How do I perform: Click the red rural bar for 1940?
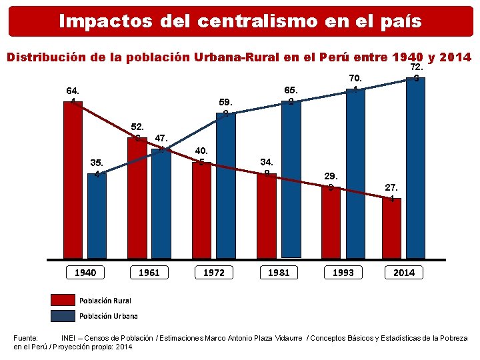point(73,180)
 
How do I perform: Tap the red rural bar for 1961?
point(137,197)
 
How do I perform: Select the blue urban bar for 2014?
point(415,167)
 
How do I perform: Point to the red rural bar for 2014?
point(392,227)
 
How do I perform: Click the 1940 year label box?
point(85,272)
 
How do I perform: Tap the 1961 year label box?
point(149,272)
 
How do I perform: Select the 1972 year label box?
point(214,272)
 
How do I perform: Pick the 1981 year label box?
point(279,272)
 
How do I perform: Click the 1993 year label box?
point(343,272)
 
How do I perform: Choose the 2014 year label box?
point(404,272)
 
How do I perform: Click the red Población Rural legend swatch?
point(63,299)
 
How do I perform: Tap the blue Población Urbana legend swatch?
point(63,315)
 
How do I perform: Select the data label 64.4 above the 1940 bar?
point(72,95)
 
